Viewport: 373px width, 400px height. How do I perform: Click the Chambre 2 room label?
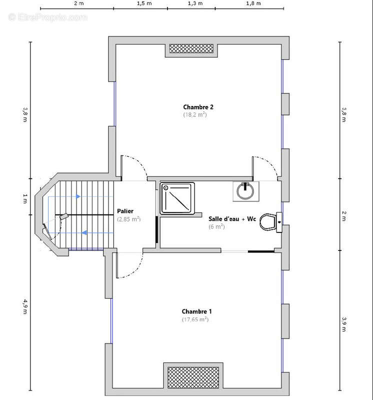pos(198,107)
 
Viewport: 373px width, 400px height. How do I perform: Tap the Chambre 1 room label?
pos(196,311)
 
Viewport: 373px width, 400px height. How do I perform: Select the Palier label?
pos(125,211)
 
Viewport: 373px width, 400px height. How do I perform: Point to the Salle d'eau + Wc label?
pos(232,219)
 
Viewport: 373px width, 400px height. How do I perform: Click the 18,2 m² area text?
pos(195,114)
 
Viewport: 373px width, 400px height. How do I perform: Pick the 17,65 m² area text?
pos(195,319)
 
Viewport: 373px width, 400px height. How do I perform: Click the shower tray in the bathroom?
pos(177,198)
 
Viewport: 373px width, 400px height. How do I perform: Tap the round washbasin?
pos(245,191)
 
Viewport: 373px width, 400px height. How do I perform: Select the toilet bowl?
pos(268,222)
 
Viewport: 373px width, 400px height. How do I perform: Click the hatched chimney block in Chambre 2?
pos(191,48)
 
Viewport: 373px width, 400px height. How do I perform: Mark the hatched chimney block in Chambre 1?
pos(193,377)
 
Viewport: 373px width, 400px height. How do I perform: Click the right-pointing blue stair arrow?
pos(78,196)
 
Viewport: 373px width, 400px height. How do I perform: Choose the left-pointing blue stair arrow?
pos(84,232)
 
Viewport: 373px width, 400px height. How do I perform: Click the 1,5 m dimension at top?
pos(144,3)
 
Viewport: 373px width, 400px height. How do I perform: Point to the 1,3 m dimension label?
pos(195,3)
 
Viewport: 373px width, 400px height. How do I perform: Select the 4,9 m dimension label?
pos(25,306)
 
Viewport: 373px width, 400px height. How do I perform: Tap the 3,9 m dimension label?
pos(344,324)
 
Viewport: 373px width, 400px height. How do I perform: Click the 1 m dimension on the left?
pos(25,198)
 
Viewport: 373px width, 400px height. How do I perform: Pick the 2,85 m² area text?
pos(129,219)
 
